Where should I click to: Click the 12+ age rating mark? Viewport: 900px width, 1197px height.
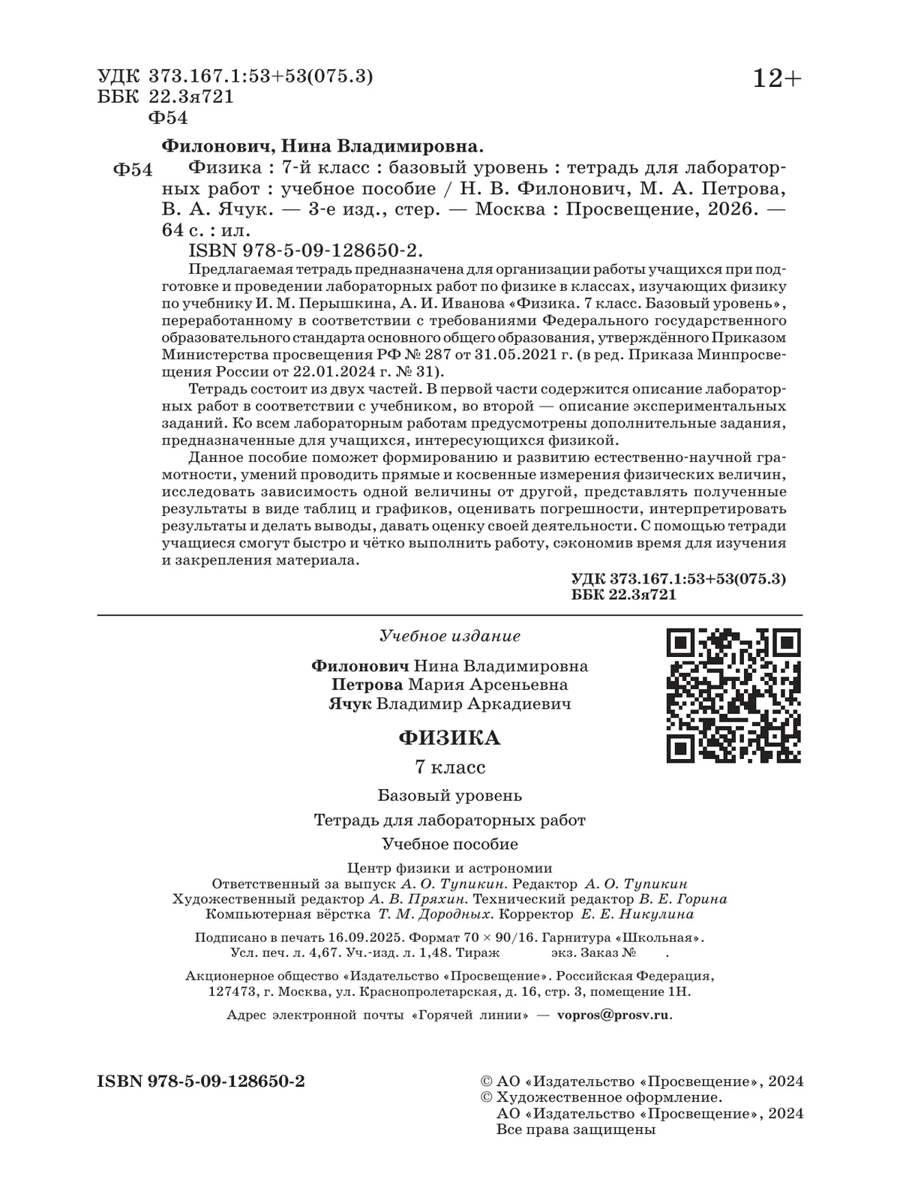777,78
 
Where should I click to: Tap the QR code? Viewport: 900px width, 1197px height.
733,695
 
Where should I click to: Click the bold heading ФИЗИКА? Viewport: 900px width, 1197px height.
449,738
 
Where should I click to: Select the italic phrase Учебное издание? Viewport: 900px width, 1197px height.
450,636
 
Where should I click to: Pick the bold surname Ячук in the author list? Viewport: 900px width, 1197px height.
349,704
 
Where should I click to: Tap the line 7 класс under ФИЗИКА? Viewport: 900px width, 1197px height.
450,768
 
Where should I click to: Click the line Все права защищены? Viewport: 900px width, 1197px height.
576,1129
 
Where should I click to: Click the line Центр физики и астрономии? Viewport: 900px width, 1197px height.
445,868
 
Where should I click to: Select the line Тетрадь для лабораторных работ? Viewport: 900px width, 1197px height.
449,820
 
